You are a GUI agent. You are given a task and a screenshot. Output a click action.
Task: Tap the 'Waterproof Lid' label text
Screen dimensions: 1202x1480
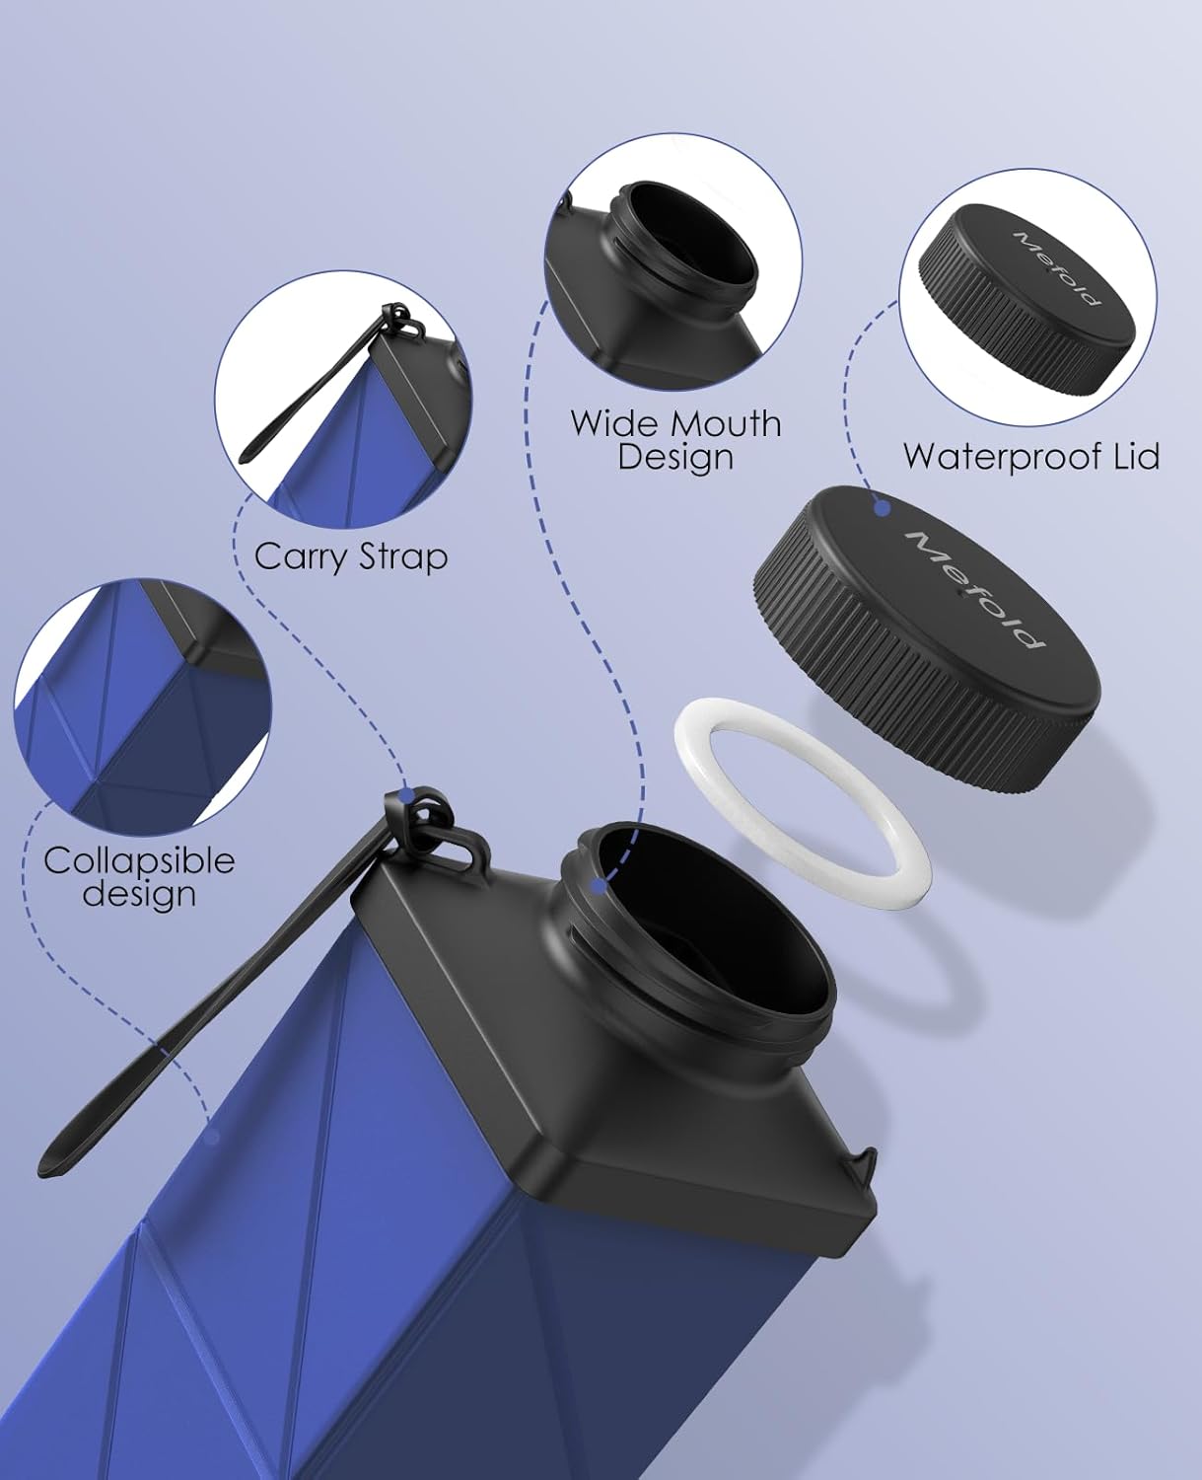(1031, 457)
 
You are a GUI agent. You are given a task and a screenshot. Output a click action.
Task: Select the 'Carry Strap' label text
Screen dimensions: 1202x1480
(351, 557)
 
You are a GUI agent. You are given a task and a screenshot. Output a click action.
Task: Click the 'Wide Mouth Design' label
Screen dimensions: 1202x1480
(675, 440)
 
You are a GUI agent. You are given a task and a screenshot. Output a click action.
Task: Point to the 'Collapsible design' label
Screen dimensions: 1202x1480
(139, 877)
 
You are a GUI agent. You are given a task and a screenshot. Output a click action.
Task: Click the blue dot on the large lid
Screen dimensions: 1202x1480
(882, 508)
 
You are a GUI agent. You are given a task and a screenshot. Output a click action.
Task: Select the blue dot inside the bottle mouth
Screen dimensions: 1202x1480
(597, 886)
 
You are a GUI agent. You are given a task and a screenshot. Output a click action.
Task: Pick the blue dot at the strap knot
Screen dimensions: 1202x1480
(408, 795)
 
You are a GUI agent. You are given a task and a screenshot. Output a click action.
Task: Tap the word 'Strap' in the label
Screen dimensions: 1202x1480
(402, 558)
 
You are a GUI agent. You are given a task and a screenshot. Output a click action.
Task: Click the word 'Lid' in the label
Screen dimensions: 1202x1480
(1135, 457)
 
